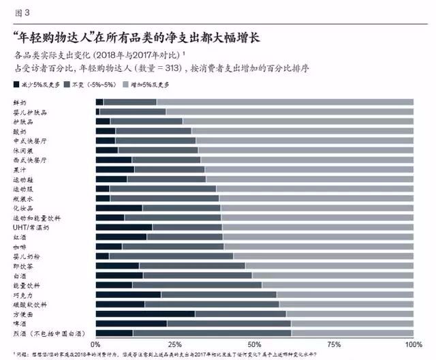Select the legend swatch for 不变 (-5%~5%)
click(x=67, y=84)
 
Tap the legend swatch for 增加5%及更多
click(x=125, y=84)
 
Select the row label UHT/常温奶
click(x=31, y=227)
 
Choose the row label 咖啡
click(x=20, y=247)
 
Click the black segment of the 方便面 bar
click(x=145, y=314)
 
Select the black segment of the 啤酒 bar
click(x=131, y=324)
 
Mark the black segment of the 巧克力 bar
click(x=128, y=295)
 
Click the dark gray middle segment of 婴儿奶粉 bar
click(x=170, y=256)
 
